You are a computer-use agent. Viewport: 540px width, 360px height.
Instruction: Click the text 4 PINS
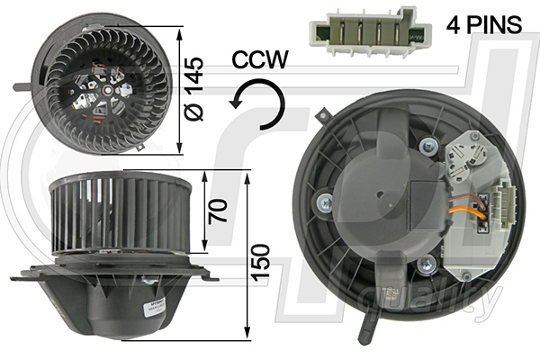tap(484, 24)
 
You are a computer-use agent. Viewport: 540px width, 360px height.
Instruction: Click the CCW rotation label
tap(260, 59)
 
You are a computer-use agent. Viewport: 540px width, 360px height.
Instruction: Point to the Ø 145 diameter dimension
tap(193, 89)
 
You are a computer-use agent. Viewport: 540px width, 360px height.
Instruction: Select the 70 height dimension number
tap(219, 211)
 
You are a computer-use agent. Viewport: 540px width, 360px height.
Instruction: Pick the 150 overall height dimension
tap(260, 263)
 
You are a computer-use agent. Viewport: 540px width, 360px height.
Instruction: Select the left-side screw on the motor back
tap(325, 202)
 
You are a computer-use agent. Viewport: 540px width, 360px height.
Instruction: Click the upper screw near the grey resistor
tap(428, 146)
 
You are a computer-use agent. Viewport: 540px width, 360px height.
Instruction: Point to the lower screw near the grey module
tap(427, 265)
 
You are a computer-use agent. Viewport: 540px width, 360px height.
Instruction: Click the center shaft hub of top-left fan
tap(108, 91)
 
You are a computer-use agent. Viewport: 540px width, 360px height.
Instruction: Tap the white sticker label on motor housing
tap(154, 306)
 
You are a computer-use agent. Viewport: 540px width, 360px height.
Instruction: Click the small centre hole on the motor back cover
tap(380, 194)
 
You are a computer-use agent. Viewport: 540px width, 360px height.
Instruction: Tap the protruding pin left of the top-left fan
tap(22, 86)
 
